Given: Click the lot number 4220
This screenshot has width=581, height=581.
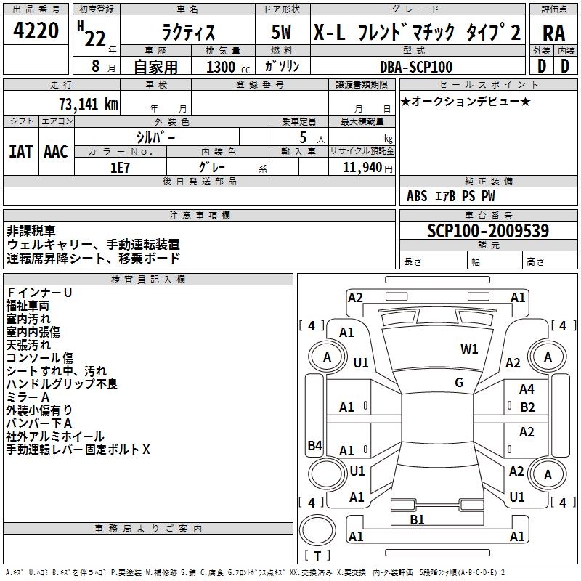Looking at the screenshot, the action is [x=36, y=31].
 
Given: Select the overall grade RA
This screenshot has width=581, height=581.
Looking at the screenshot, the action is [x=553, y=33].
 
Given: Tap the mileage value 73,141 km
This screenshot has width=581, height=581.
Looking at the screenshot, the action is [x=89, y=104].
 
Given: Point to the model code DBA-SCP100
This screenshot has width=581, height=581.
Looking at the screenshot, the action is [x=416, y=67].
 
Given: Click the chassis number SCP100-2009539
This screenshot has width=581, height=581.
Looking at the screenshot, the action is [x=487, y=231].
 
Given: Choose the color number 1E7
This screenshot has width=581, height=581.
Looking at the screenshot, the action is [x=120, y=168].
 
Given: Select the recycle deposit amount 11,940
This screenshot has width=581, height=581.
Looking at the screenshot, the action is [x=362, y=167].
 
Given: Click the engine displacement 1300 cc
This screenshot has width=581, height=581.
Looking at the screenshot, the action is [x=228, y=67].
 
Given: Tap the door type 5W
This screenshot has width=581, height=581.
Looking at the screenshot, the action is [x=282, y=32].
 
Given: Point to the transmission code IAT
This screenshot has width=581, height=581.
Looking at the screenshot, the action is [x=21, y=152].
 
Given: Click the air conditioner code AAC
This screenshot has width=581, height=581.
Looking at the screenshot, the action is [x=56, y=152].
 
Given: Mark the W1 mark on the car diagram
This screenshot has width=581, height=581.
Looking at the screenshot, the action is [x=469, y=349].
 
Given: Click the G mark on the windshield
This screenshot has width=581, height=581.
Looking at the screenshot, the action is [x=459, y=382].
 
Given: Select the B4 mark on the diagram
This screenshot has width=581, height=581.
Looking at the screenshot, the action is [x=314, y=445].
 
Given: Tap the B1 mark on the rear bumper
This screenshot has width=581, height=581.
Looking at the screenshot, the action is [x=417, y=519].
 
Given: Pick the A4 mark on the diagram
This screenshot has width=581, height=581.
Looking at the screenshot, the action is [x=527, y=389].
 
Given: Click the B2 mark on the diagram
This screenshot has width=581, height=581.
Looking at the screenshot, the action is [x=527, y=407].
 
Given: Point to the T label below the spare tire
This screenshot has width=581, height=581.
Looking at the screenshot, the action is [x=317, y=556].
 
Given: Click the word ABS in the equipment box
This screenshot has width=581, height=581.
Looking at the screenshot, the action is [x=417, y=196].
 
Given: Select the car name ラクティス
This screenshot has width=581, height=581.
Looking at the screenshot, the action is [x=188, y=32].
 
